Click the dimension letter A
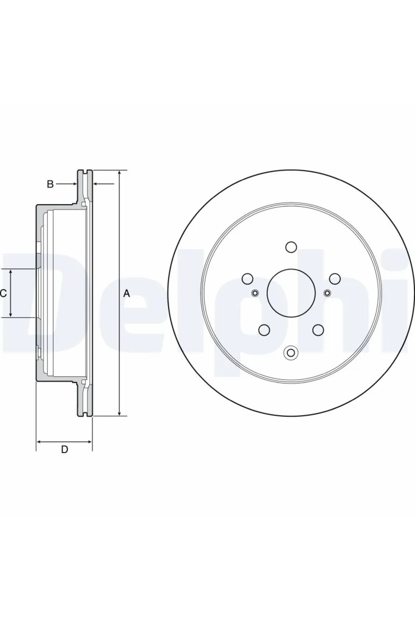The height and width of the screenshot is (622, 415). click(x=127, y=294)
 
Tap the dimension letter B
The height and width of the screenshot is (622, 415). click(x=50, y=184)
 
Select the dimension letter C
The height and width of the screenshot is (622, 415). click(x=3, y=294)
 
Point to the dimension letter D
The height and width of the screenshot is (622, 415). click(x=65, y=450)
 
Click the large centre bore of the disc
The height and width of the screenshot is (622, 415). click(x=291, y=293)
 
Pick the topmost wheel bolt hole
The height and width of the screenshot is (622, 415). click(x=291, y=247)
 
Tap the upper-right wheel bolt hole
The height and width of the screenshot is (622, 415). click(x=335, y=279)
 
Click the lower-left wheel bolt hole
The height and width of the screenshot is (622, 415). click(x=264, y=330)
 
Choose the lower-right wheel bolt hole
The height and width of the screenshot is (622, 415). click(x=318, y=330)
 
